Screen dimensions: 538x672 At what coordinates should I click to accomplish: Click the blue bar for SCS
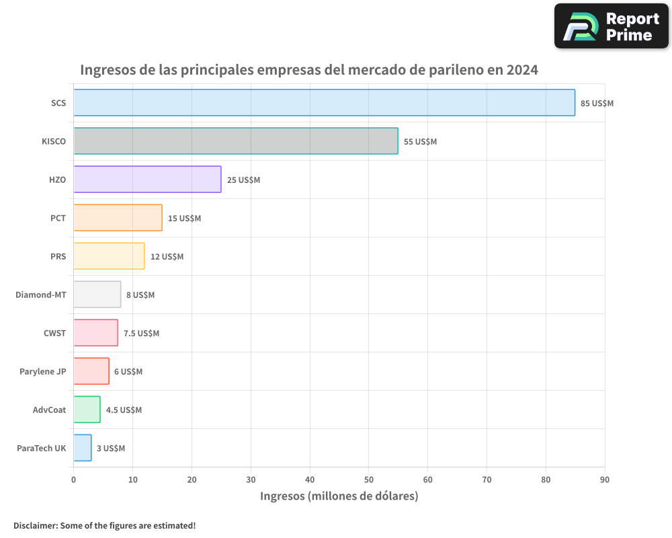click(324, 103)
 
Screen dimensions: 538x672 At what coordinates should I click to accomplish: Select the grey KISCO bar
click(235, 141)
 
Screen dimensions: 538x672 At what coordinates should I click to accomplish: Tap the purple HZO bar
click(147, 180)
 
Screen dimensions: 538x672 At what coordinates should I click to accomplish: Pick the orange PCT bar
click(118, 218)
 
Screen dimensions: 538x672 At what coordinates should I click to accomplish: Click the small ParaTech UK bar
click(82, 448)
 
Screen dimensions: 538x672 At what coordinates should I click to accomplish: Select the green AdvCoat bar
click(87, 410)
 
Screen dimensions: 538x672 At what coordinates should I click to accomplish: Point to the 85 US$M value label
click(597, 104)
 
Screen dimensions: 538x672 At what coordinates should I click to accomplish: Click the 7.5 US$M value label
click(141, 334)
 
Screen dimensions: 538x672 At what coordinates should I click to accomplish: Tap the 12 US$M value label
click(167, 257)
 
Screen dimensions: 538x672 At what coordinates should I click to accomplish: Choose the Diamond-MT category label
click(41, 295)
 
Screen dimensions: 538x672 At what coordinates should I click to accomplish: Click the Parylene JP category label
click(43, 371)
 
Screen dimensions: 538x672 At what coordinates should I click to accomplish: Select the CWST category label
click(54, 333)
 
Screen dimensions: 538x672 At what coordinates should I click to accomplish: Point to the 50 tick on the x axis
click(368, 479)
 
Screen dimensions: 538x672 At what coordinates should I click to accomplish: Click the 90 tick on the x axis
click(604, 479)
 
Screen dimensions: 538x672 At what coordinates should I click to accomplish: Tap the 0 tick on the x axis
click(73, 479)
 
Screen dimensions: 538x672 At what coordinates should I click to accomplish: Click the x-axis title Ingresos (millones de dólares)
click(339, 496)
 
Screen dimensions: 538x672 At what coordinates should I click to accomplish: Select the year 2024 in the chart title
click(522, 70)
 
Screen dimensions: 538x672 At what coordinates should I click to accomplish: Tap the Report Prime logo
click(612, 26)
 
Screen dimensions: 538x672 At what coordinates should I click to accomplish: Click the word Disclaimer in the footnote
click(34, 525)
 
